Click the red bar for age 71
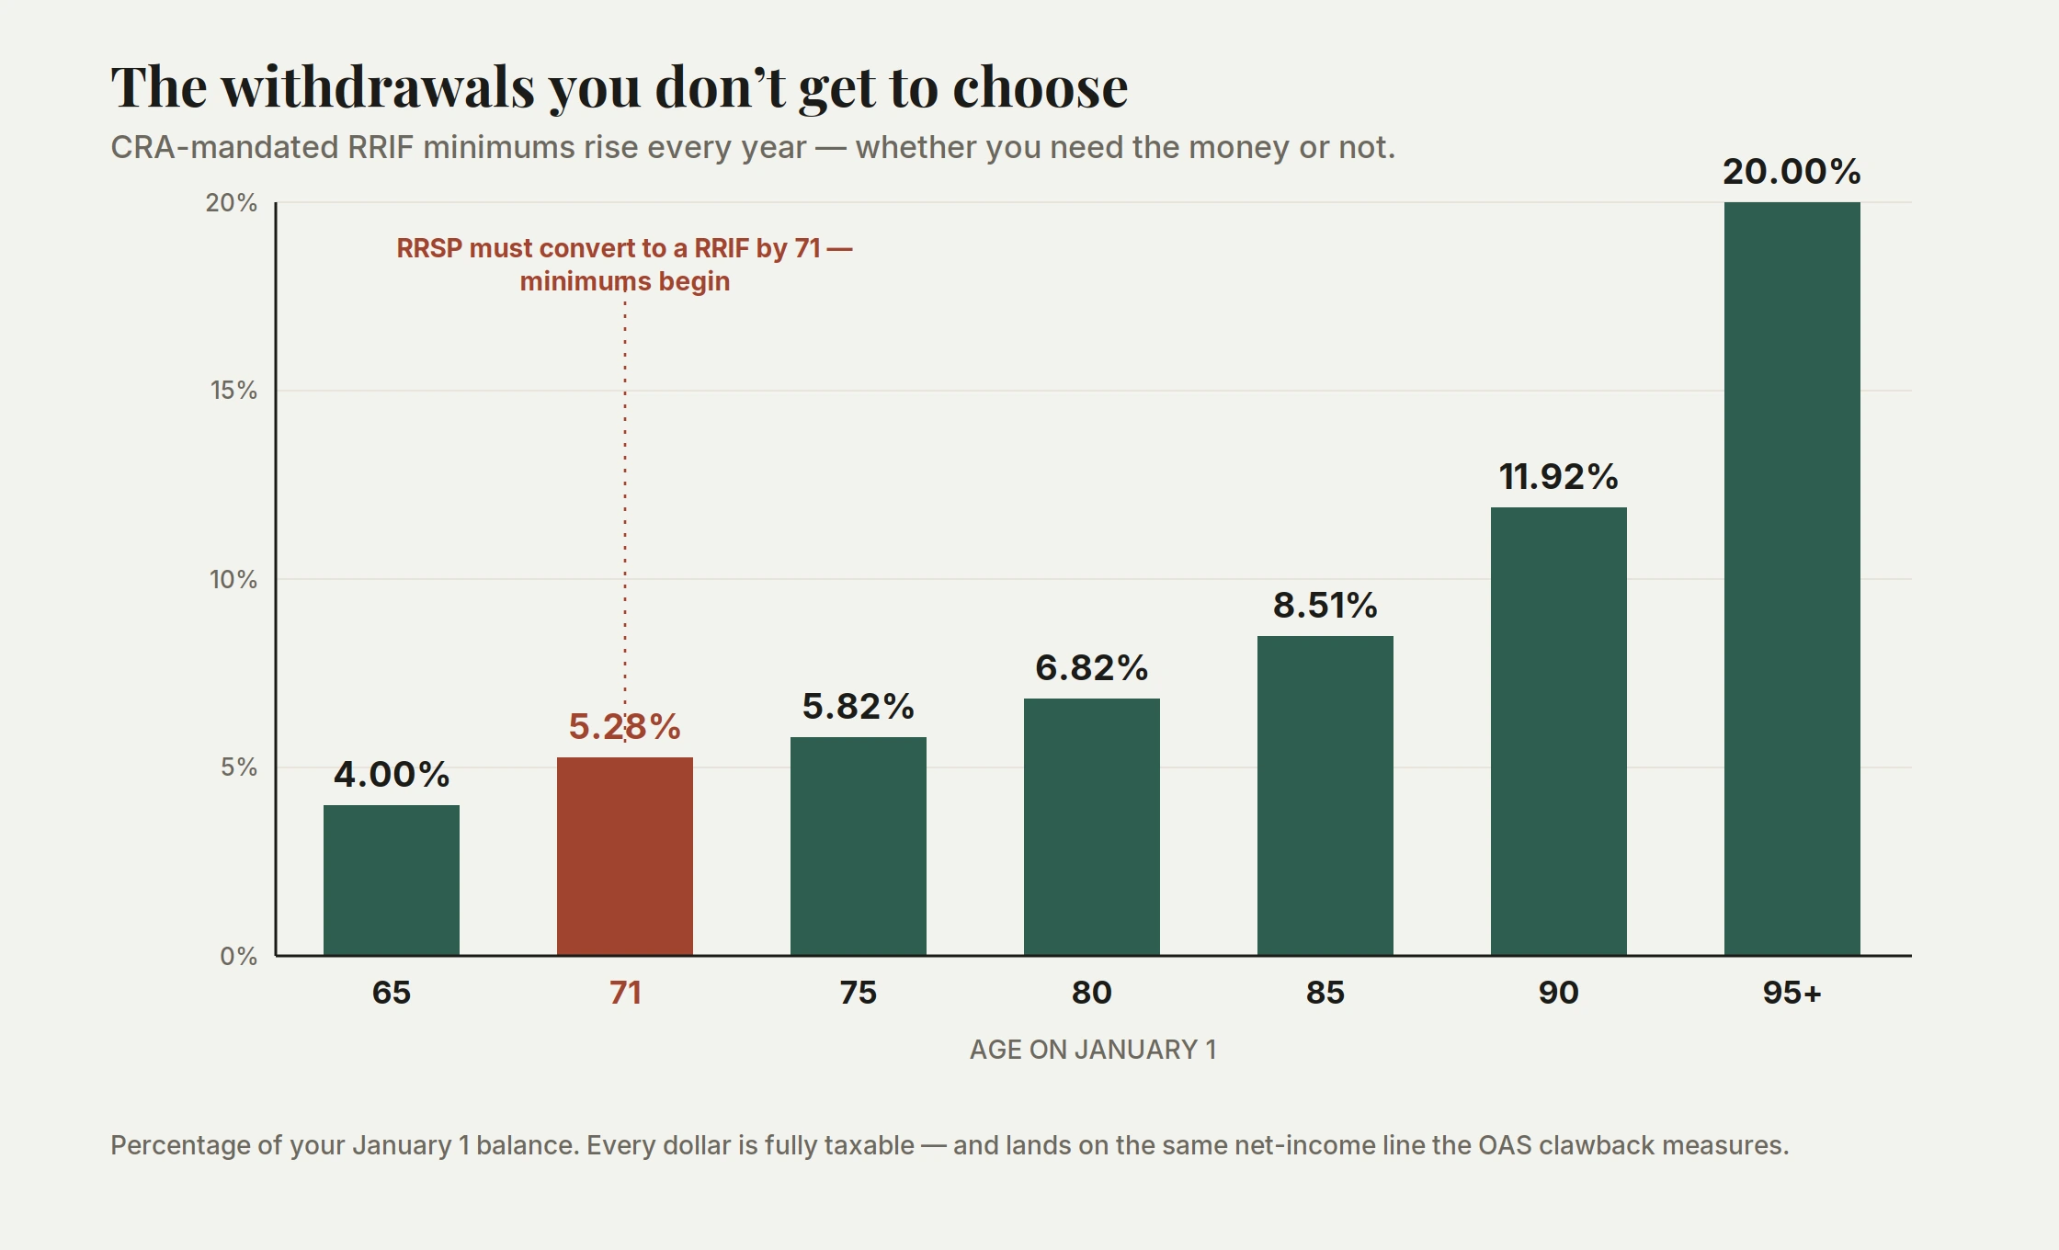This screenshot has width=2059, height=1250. click(x=625, y=857)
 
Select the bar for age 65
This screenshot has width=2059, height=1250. click(x=392, y=881)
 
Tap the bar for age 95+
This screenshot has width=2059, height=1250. click(x=1792, y=579)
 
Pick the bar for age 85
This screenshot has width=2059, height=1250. click(x=1325, y=796)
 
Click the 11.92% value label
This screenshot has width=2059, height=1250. click(x=1559, y=477)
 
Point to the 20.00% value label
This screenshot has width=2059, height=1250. click(x=1792, y=172)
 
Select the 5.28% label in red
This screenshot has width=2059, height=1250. click(x=625, y=727)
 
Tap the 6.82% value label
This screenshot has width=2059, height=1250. click(x=1092, y=668)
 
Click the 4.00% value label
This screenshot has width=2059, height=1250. click(x=392, y=775)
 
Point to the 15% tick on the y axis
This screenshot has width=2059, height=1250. click(x=234, y=391)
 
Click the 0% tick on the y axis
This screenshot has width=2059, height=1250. click(x=239, y=957)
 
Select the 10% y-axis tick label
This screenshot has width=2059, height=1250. click(x=233, y=580)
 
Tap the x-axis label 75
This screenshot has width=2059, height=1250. click(x=859, y=993)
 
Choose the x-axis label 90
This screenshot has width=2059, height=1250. click(x=1559, y=993)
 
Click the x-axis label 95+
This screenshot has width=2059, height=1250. click(x=1792, y=993)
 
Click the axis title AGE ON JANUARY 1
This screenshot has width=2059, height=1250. click(x=1093, y=1050)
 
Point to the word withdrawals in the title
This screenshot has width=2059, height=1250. click(x=379, y=87)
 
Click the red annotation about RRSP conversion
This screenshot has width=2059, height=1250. click(x=625, y=265)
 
